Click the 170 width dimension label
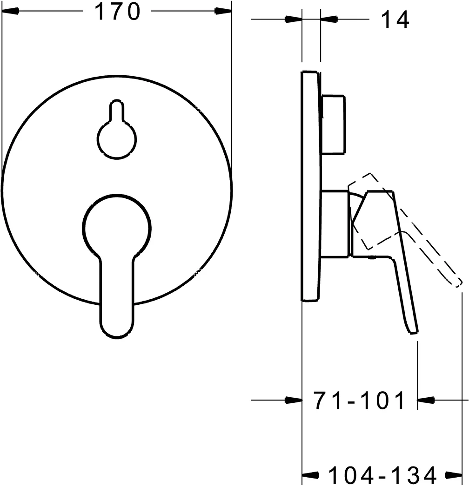(x=117, y=13)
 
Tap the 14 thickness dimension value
(x=395, y=20)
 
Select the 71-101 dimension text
(x=359, y=401)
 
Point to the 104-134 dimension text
(x=382, y=475)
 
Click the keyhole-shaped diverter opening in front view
(x=116, y=135)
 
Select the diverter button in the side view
(x=334, y=124)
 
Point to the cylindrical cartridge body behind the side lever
(x=335, y=223)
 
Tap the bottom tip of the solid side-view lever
(x=413, y=331)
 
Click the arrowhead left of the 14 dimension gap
(x=293, y=19)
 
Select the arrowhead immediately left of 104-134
(x=311, y=475)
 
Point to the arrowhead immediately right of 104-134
(x=454, y=475)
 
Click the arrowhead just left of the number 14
(x=329, y=19)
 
